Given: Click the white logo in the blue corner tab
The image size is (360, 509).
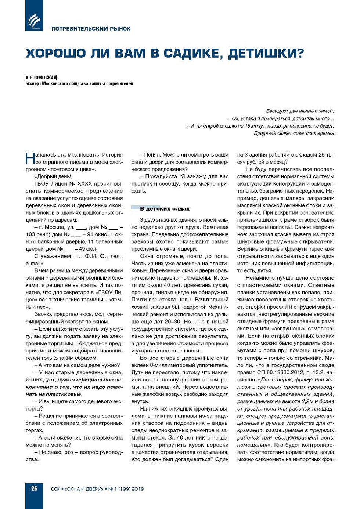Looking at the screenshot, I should pos(34,21).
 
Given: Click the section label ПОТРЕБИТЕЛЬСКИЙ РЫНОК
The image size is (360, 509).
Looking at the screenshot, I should pos(91,29).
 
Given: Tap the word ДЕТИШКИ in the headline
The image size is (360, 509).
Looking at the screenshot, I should pos(266,53).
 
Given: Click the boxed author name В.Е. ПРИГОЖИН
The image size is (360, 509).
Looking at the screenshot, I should pos(41,78).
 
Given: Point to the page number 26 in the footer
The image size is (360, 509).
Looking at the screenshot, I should pos(34,488).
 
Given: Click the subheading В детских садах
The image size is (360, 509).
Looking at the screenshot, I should pos(165,209).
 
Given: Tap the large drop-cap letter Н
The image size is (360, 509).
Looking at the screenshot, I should pos(30,158).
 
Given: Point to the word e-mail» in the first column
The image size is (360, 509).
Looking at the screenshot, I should pos(35,263).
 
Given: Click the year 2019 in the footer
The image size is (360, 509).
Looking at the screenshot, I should pos(137,489).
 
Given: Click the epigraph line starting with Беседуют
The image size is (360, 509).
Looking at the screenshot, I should pos(300,111).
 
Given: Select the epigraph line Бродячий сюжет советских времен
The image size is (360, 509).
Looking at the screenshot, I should pos(294,133).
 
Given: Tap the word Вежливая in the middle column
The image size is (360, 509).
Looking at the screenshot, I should pos(216,227).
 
